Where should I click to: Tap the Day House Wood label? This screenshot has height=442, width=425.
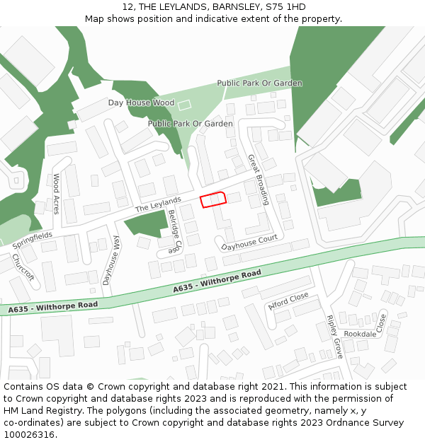(x=141, y=103)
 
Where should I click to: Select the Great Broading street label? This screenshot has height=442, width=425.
(x=258, y=180)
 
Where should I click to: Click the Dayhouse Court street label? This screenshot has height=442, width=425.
(x=249, y=243)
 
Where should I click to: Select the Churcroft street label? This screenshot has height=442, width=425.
(x=23, y=267)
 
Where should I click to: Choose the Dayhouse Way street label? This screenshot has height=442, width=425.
(x=111, y=260)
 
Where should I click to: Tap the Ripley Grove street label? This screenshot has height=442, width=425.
(x=334, y=336)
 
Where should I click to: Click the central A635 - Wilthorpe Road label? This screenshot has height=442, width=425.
(x=217, y=282)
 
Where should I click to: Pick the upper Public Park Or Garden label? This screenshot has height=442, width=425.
(x=259, y=83)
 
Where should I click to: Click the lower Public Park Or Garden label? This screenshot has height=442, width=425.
(x=190, y=124)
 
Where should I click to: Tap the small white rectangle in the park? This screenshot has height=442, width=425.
(x=184, y=105)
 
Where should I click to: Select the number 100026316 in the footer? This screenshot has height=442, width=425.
(x=30, y=434)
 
